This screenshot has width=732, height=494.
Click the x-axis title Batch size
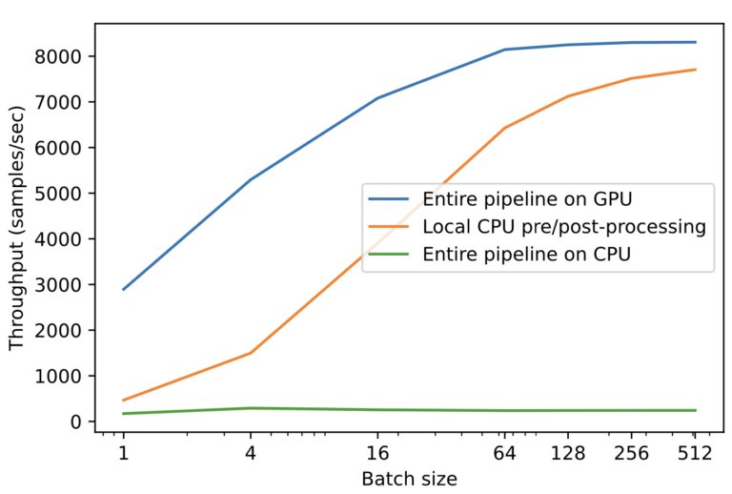click(409, 479)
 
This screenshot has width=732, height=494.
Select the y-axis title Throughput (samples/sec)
click(18, 239)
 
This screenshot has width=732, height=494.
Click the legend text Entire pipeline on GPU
click(526, 199)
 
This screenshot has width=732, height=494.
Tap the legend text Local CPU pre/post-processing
click(562, 227)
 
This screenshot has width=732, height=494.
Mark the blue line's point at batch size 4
click(251, 179)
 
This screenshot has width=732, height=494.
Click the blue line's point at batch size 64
click(504, 50)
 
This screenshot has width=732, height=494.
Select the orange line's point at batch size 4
click(251, 353)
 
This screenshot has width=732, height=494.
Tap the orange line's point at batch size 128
click(568, 96)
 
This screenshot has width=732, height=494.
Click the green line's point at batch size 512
click(695, 410)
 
